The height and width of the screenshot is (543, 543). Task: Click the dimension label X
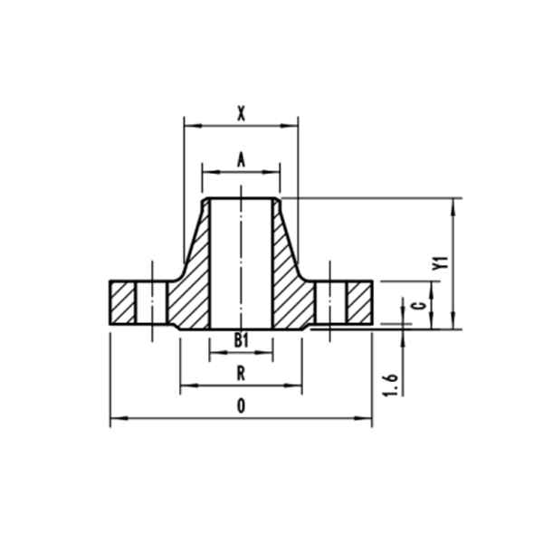tap(241, 113)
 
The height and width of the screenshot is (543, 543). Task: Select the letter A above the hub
tap(241, 158)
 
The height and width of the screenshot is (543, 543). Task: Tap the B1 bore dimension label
tap(241, 339)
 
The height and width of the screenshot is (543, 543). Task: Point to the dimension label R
tap(241, 373)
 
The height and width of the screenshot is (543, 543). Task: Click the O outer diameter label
tap(241, 406)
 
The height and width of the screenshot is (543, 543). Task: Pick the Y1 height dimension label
tap(441, 263)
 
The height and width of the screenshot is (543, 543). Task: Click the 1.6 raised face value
tap(391, 381)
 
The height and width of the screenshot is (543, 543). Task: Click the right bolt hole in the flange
tap(332, 304)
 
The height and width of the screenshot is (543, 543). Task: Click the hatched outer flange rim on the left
tap(122, 304)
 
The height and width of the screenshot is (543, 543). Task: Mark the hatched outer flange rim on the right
tap(360, 304)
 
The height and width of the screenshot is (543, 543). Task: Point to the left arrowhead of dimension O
tap(114, 418)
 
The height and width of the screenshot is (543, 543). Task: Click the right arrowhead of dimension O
tap(368, 418)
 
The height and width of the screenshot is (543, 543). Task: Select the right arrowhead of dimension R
tap(298, 386)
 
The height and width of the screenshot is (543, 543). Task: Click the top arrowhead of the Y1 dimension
tap(453, 203)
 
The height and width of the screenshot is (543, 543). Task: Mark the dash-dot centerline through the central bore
tap(241, 262)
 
